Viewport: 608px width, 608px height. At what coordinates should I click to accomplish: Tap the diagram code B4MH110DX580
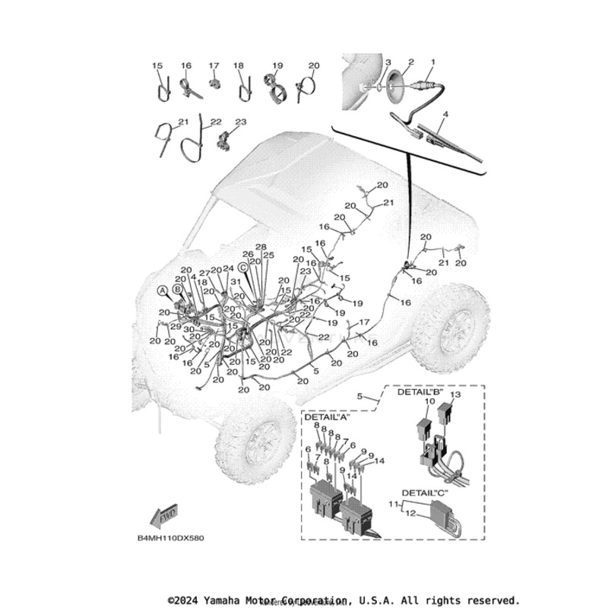pos(170,537)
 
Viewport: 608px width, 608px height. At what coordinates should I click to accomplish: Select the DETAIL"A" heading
pos(327,418)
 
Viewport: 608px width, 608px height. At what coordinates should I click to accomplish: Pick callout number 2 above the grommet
pos(411,62)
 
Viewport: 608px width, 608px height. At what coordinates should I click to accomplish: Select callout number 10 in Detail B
pos(429,401)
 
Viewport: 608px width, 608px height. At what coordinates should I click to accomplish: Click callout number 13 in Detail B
pos(456,396)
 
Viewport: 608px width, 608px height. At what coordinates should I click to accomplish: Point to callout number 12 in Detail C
pos(411,514)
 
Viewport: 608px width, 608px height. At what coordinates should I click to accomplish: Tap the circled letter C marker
pos(243,267)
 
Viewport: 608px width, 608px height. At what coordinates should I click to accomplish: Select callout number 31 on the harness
pos(237,283)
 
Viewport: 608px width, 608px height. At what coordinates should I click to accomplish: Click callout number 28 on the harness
pos(261,248)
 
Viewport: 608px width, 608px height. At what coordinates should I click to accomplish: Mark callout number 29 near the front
pos(176,326)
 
